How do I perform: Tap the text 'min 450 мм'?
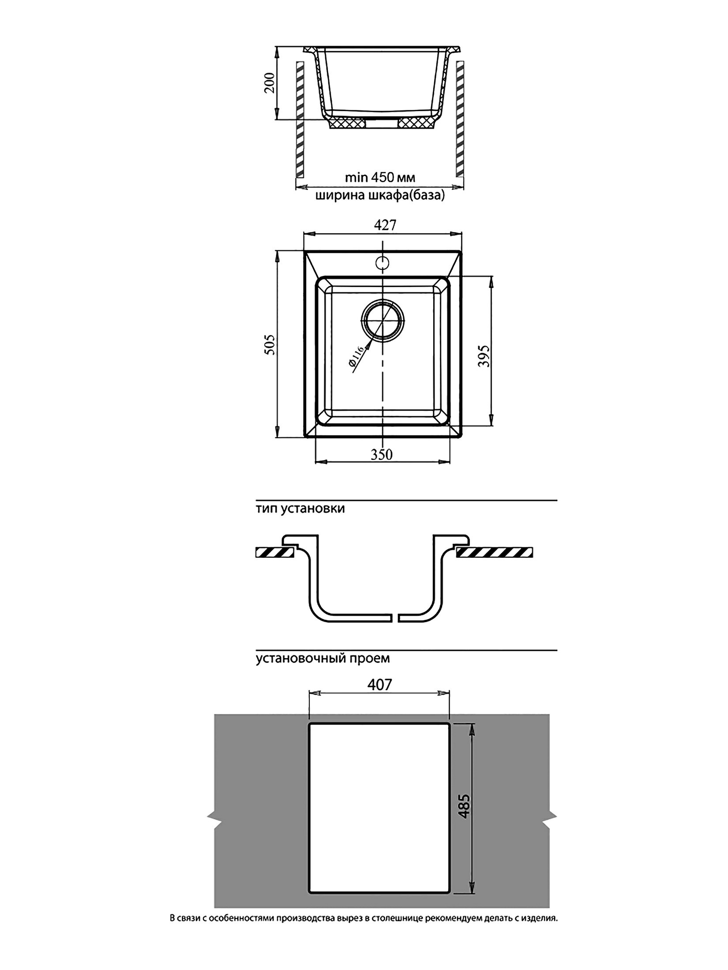click(380, 178)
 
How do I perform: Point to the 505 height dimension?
click(270, 344)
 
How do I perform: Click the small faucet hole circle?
click(382, 263)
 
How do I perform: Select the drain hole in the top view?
click(382, 321)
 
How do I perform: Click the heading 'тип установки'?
click(300, 509)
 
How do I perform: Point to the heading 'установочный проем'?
click(323, 671)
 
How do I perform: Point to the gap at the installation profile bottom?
click(395, 618)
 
